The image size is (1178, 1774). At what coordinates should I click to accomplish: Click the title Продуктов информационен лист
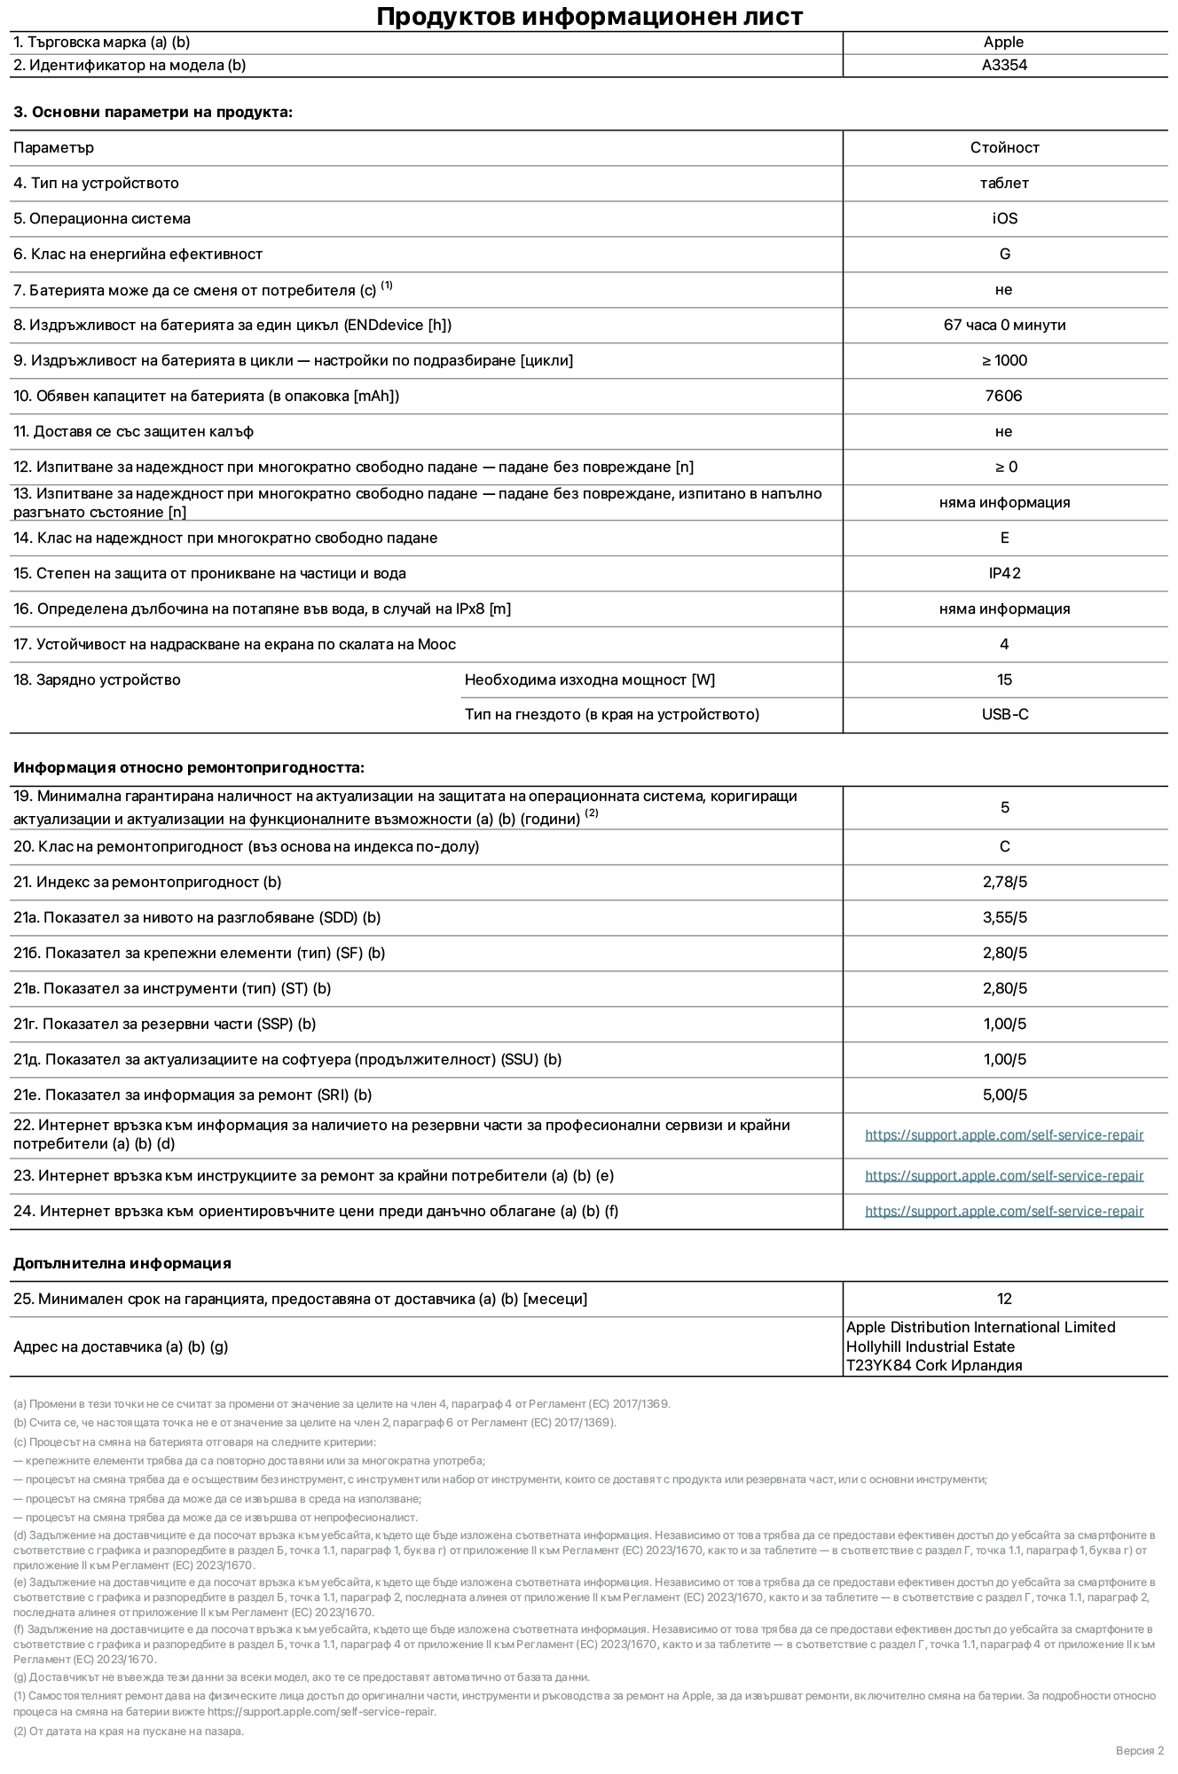coord(589,16)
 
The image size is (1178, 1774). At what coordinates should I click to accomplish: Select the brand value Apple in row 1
coord(1003,42)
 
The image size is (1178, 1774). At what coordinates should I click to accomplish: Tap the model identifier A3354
coord(1004,65)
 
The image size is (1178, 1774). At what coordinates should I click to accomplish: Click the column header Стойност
coord(1004,147)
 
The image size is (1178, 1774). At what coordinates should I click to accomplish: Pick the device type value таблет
coord(1004,183)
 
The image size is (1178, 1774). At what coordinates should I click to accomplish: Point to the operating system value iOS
coord(1004,218)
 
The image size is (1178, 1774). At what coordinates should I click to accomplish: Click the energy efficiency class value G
coord(1004,254)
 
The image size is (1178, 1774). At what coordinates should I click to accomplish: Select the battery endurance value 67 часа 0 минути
coord(1004,325)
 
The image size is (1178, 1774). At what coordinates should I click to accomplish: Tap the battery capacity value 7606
coord(1003,396)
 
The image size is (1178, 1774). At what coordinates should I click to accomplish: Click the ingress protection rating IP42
coord(1004,573)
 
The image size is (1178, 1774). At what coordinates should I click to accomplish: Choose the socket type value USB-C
coord(1004,714)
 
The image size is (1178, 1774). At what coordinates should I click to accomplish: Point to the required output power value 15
coord(1004,679)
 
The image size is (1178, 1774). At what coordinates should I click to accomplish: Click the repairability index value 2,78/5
coord(1004,882)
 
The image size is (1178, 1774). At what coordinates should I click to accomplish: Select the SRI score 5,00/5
coord(1004,1095)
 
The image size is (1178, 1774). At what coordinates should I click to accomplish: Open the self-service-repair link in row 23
coord(1004,1175)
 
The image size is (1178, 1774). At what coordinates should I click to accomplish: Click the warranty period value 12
coord(1004,1299)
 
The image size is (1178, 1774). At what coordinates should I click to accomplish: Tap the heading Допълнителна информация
coord(122,1263)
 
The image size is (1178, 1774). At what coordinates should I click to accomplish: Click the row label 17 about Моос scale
coord(234,644)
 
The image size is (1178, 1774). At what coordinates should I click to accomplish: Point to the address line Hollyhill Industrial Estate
coord(930,1346)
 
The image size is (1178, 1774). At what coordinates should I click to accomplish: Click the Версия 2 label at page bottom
coord(1139,1750)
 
